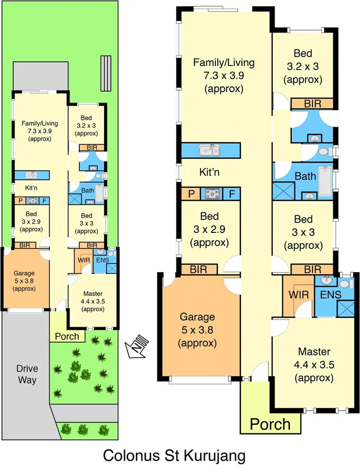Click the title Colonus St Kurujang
tap(174, 456)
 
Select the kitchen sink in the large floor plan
tap(210, 150)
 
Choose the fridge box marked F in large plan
tap(232, 194)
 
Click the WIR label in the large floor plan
tap(298, 295)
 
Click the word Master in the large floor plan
tap(314, 352)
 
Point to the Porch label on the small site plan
tap(67, 336)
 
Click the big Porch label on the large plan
tap(270, 424)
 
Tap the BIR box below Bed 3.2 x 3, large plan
tap(312, 104)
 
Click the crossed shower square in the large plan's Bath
tap(284, 189)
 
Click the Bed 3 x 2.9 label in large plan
tap(210, 229)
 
